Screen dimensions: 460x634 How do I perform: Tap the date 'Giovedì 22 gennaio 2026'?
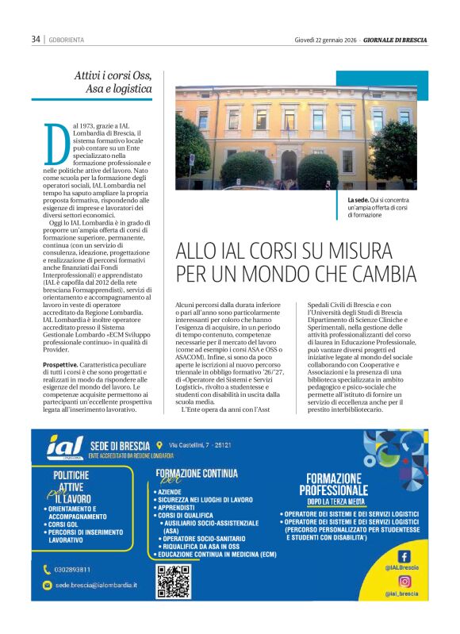coord(325,39)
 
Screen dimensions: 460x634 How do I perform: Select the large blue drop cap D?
coord(56,146)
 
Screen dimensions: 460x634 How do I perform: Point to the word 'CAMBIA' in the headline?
coord(376,274)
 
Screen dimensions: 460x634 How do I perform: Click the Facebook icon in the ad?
coord(404,556)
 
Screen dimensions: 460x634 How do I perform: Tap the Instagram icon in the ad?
coord(404,582)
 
